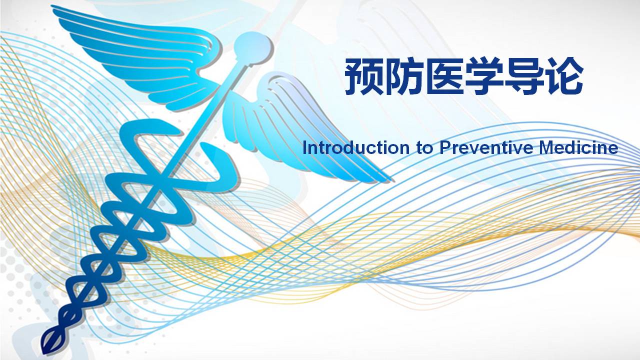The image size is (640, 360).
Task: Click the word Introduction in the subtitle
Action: pos(355,147)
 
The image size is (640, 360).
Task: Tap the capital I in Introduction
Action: pos(304,147)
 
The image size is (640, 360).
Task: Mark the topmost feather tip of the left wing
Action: pos(52,7)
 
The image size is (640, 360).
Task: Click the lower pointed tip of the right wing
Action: pos(391,180)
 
